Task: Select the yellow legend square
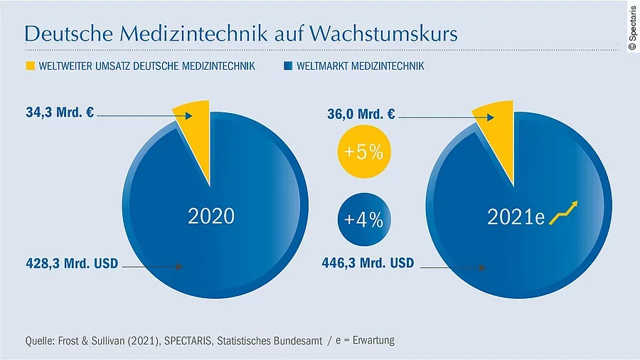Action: (30, 67)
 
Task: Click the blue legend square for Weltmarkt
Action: (287, 67)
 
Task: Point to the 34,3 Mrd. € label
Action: (60, 113)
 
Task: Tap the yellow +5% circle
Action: (363, 152)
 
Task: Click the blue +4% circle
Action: (363, 221)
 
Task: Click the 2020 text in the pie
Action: (211, 216)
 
